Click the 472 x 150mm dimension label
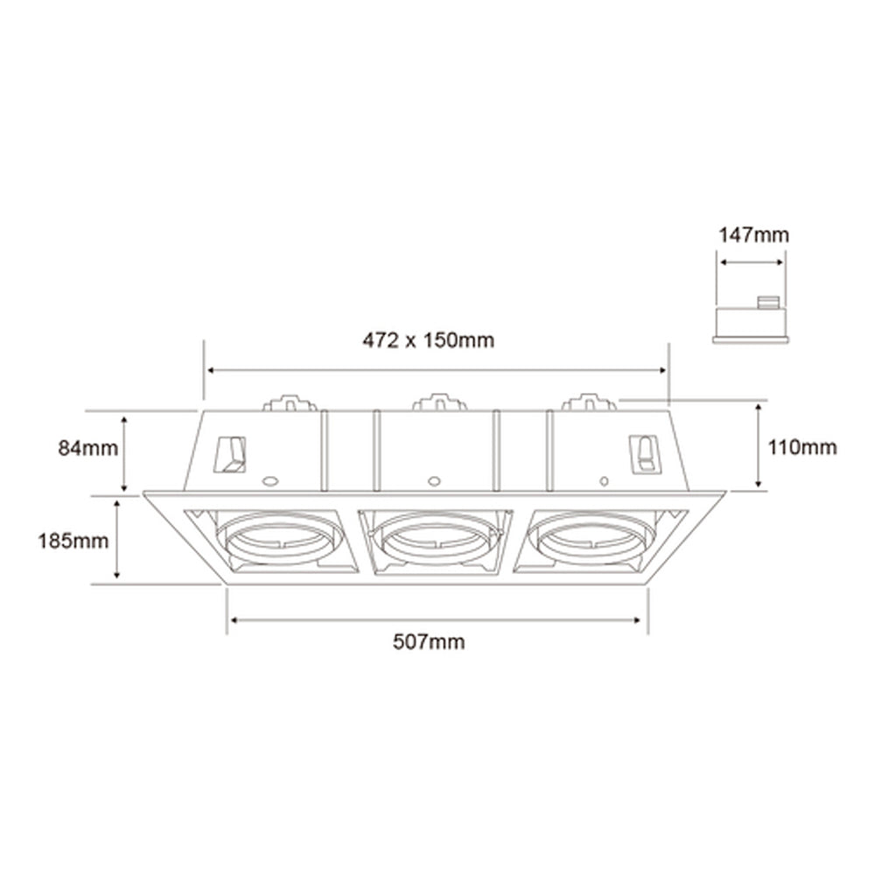pos(428,340)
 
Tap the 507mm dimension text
pos(429,643)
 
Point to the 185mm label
pos(73,541)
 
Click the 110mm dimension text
pos(801,448)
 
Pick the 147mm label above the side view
pos(753,234)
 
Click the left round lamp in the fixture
pos(277,542)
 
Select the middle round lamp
pos(433,541)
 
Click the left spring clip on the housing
pos(231,453)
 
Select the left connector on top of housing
pos(289,403)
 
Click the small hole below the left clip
pos(269,480)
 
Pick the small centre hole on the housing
pos(432,480)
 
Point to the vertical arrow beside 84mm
pos(125,453)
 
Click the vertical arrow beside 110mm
pos(759,444)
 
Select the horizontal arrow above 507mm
pos(437,620)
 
